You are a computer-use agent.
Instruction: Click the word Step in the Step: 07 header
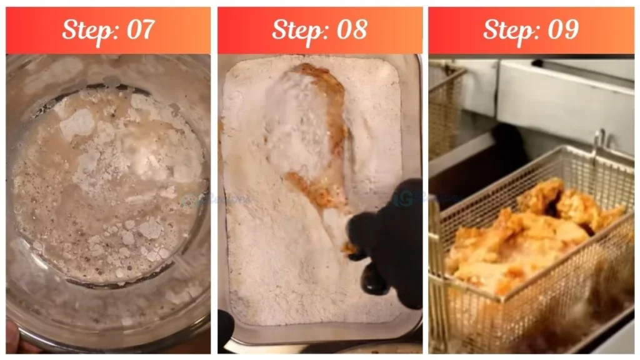(x=86, y=30)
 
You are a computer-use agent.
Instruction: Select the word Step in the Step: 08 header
(x=296, y=30)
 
